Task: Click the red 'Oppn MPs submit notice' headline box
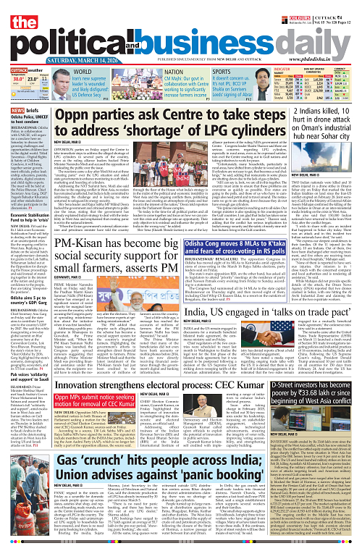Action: [95, 399]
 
